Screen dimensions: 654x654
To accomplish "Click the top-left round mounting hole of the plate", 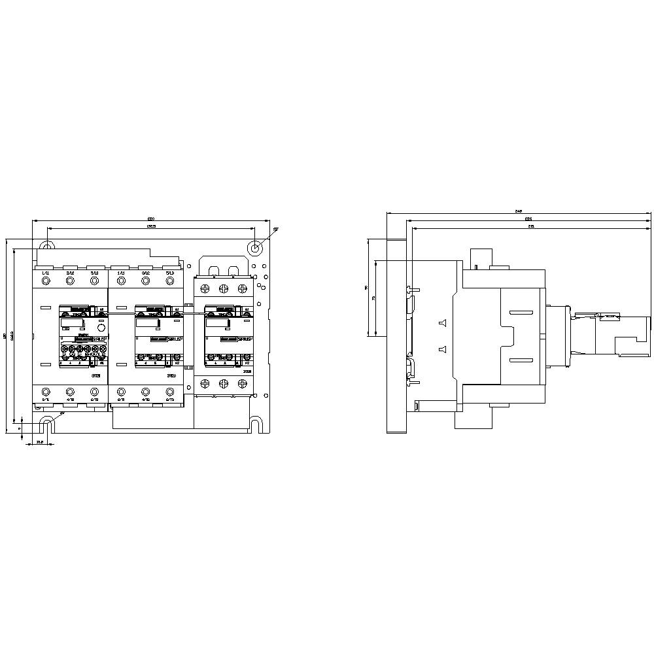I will click(x=46, y=247).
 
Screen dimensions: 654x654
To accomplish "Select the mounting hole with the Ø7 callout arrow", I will click(x=256, y=248).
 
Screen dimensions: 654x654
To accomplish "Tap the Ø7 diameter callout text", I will click(x=276, y=229).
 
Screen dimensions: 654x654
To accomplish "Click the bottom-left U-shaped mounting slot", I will click(x=46, y=426).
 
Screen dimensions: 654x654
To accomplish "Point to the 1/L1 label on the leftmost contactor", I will click(x=46, y=272).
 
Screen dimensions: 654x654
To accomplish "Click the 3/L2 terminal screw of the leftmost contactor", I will click(x=70, y=281).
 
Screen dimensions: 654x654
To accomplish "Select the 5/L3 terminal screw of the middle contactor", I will click(x=170, y=281).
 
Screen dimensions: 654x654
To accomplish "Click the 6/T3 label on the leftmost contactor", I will click(x=94, y=399).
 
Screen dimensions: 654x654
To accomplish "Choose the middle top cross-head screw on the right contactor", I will click(x=224, y=288).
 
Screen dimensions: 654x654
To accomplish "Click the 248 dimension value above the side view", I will click(x=519, y=211).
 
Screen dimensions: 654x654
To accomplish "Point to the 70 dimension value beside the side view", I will click(x=373, y=298).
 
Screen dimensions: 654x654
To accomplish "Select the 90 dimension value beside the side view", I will click(x=366, y=287).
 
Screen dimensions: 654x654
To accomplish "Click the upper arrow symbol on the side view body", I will click(x=441, y=322).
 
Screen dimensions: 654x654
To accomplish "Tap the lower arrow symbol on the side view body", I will click(x=441, y=349).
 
